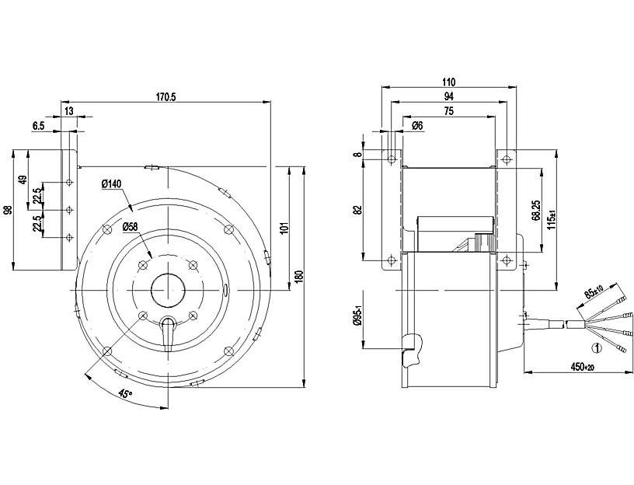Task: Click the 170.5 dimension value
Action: (x=166, y=97)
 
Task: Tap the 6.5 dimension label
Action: (x=38, y=125)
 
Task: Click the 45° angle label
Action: (x=124, y=394)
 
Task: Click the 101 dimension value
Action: (x=285, y=228)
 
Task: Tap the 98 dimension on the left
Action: (x=8, y=210)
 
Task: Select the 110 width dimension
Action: (x=449, y=82)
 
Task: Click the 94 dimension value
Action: (x=448, y=96)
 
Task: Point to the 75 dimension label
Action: (x=449, y=111)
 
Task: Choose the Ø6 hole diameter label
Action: (x=416, y=126)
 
